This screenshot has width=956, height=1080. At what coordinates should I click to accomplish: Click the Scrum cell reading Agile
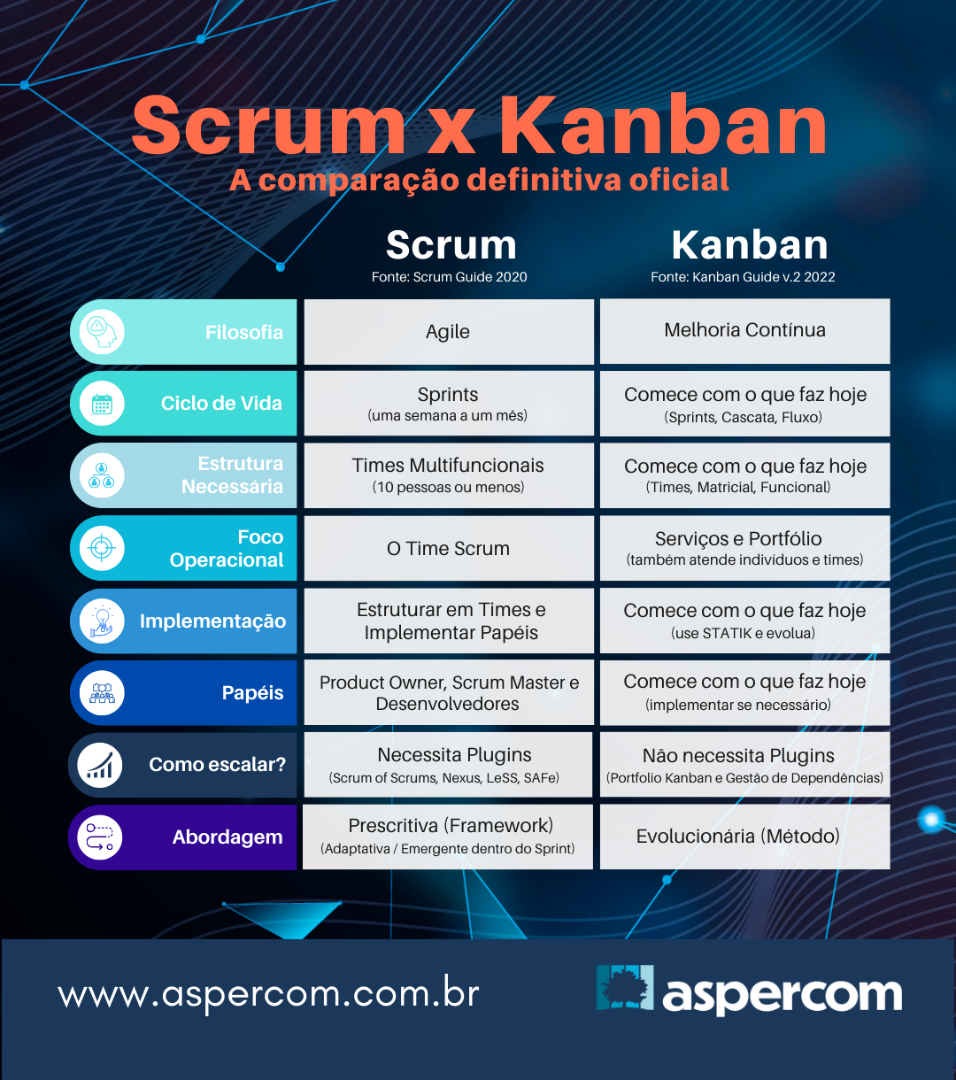[x=448, y=332]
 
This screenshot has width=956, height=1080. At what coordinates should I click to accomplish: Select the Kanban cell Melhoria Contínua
[x=744, y=330]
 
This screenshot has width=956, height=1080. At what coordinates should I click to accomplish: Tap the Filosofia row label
[x=243, y=333]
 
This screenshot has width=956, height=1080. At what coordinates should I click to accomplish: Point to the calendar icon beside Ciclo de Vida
[x=102, y=404]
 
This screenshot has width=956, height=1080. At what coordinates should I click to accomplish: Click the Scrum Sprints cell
[x=448, y=403]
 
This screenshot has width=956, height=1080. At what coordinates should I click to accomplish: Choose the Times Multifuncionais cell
[x=448, y=475]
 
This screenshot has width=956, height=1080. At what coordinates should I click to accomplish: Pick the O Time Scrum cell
[x=448, y=549]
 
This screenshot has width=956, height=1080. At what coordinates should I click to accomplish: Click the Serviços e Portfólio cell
[x=744, y=548]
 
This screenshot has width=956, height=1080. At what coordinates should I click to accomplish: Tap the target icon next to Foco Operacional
[x=102, y=549]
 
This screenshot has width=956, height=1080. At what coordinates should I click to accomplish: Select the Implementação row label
[x=212, y=621]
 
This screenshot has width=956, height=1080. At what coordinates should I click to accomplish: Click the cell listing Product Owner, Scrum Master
[x=449, y=693]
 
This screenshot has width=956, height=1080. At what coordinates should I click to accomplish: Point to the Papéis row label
[x=252, y=693]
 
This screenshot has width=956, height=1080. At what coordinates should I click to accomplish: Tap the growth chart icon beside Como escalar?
[x=100, y=765]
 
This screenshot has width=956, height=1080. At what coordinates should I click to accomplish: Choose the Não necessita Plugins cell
[x=744, y=765]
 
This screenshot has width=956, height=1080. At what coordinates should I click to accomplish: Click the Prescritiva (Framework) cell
[x=449, y=836]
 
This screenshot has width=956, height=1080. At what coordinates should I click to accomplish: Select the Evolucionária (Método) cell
[x=737, y=836]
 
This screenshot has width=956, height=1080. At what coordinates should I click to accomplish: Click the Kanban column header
[x=749, y=245]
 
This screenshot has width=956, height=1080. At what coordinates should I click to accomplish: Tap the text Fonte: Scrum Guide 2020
[x=449, y=277]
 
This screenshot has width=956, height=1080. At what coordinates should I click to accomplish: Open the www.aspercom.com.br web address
[x=268, y=994]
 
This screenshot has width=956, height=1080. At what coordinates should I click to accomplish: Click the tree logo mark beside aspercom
[x=625, y=988]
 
